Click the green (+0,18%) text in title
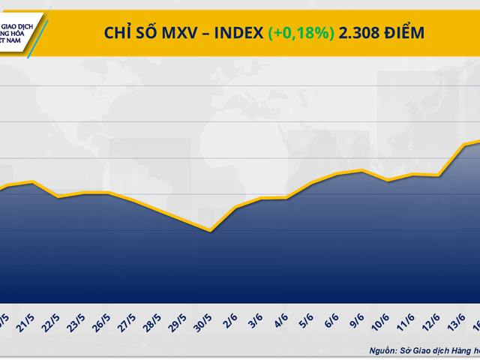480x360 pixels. (301, 32)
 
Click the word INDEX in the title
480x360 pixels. (241, 32)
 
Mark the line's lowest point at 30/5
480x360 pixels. (211, 231)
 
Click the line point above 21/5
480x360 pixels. (32, 181)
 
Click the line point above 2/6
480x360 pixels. (235, 207)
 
